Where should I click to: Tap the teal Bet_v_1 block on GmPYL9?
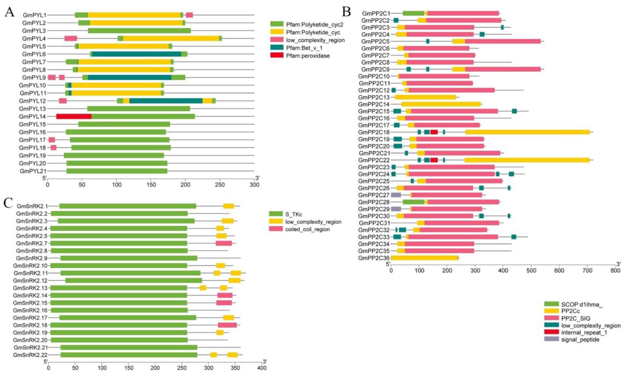[129, 77]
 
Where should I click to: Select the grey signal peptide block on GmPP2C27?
[396, 195]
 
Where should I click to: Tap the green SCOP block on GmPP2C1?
[413, 13]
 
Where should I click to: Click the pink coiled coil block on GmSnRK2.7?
[223, 243]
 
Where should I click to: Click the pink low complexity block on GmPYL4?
[71, 38]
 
